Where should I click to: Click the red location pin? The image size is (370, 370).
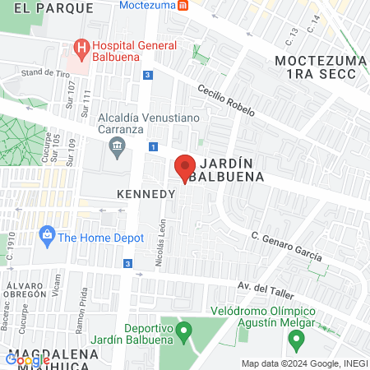pos(185,167)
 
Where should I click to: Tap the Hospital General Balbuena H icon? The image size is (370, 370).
pos(81,47)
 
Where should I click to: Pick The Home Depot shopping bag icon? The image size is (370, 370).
pos(47,237)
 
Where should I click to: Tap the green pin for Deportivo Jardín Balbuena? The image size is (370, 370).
pos(185,331)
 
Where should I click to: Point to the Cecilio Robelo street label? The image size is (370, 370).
pos(226,100)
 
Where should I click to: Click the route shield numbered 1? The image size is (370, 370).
pos(153,146)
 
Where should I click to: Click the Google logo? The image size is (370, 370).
pos(28,359)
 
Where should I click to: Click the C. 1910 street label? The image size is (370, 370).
pos(11,247)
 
